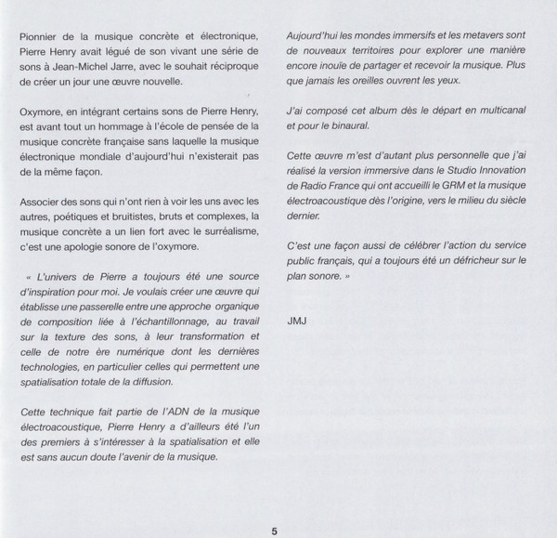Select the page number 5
click(x=274, y=506)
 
